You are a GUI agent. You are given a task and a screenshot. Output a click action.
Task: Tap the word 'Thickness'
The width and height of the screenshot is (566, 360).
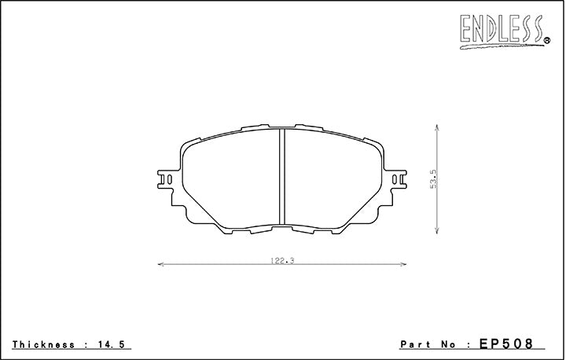point(43,344)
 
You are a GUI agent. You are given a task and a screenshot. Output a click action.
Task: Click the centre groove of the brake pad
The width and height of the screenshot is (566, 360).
point(281,177)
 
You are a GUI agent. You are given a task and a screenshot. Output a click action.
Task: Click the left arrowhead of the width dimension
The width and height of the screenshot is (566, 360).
point(160,264)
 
